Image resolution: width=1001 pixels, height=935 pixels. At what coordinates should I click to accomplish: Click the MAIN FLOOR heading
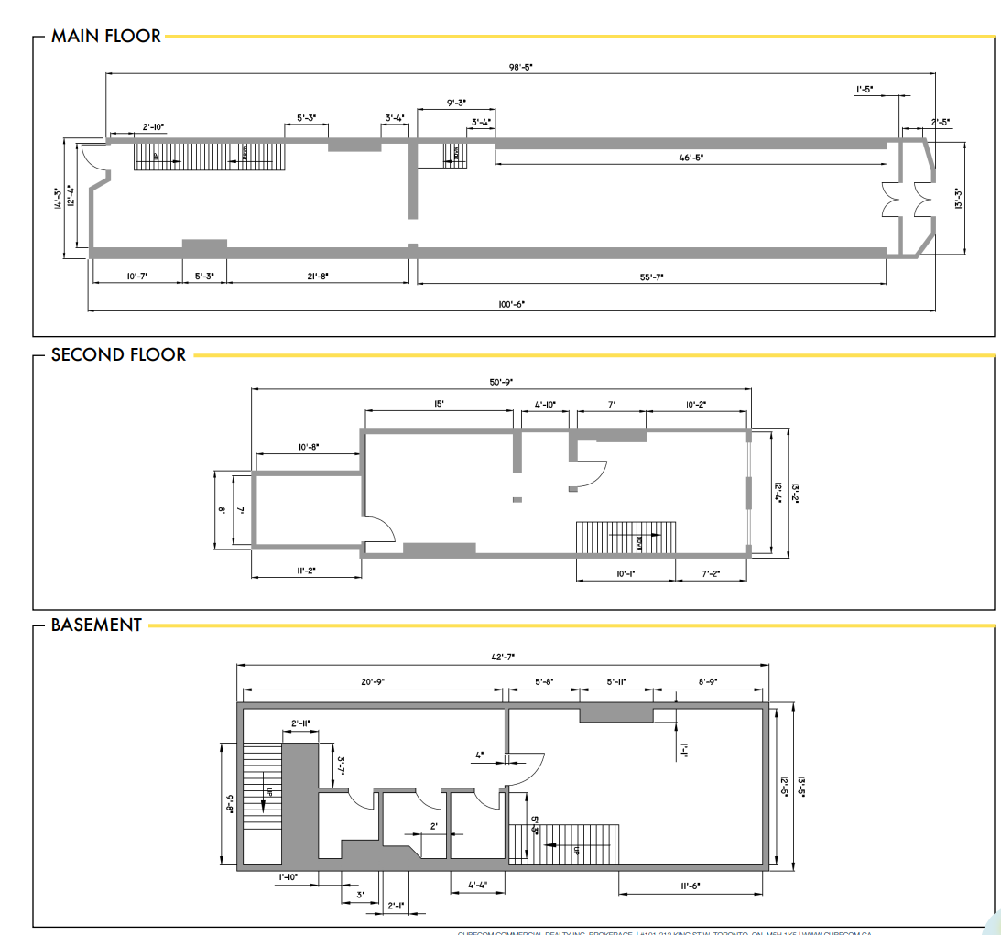point(105,37)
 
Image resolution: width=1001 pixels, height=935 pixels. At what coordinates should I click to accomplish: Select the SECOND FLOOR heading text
point(118,354)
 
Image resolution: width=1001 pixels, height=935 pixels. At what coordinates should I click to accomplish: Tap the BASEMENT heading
point(96,625)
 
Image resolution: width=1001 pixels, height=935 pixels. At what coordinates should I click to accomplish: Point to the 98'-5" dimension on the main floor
point(519,66)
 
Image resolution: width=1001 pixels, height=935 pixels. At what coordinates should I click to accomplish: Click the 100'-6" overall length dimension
point(511,303)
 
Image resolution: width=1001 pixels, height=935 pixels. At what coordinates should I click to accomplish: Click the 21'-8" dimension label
point(317,276)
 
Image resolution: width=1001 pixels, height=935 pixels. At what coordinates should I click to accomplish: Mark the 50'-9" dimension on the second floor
point(500,382)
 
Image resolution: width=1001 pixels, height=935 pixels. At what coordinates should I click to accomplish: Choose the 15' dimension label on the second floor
point(440,404)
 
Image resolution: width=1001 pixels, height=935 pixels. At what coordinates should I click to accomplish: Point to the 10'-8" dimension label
point(307,447)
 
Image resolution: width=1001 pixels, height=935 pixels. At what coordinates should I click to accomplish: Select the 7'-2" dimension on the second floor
point(710,573)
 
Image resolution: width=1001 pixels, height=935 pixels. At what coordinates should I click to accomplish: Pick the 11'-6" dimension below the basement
point(691,886)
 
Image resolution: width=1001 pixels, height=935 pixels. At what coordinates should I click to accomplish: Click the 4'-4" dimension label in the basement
point(477,886)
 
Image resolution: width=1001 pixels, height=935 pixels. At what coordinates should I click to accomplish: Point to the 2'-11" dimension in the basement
point(299,723)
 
